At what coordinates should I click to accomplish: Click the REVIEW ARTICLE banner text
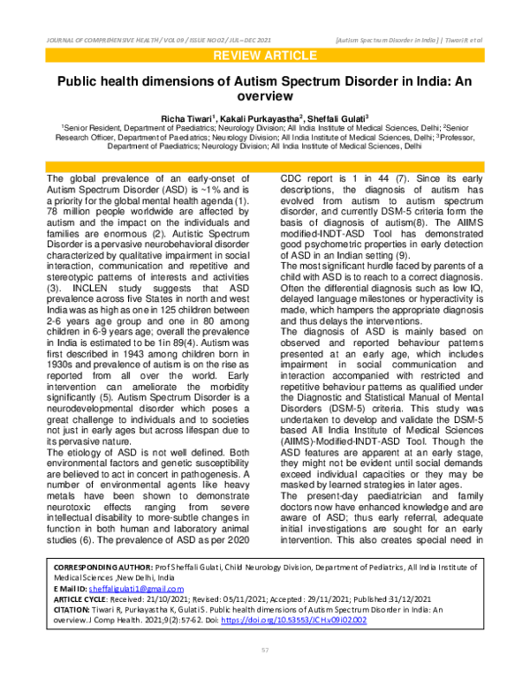pyautogui.click(x=264, y=58)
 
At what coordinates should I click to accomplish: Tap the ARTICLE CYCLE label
pyautogui.click(x=84, y=598)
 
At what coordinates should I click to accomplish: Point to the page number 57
pyautogui.click(x=264, y=650)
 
